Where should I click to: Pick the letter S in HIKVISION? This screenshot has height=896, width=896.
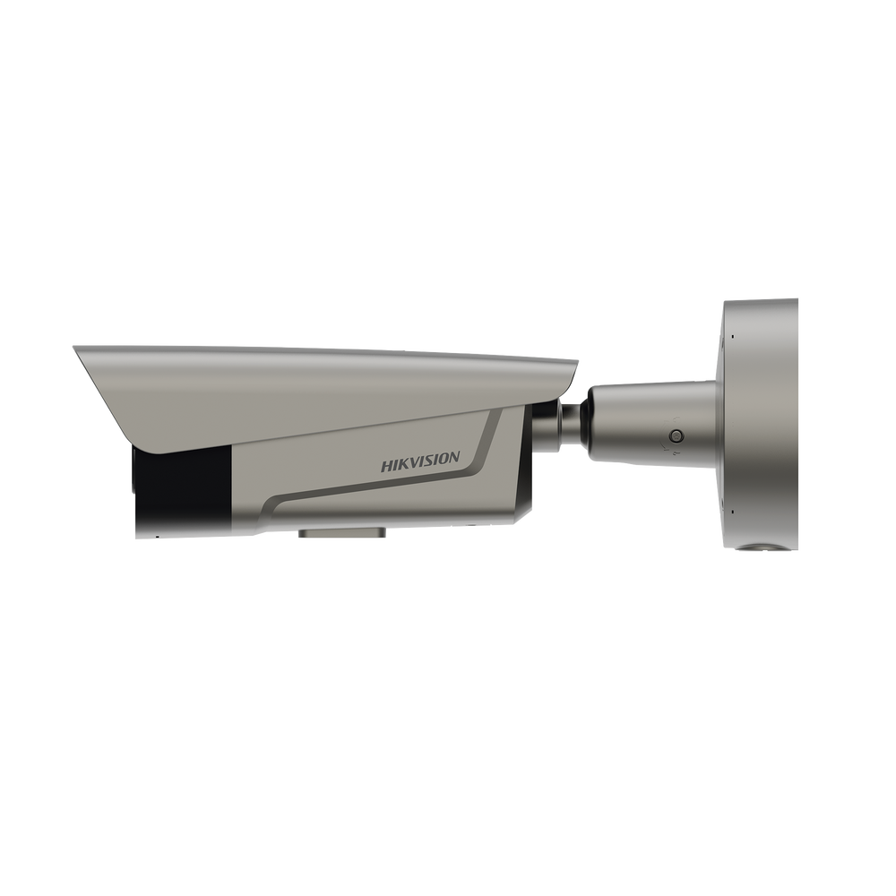428,461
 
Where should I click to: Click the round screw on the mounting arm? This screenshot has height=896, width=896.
677,436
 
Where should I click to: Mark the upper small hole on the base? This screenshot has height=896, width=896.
730,336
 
